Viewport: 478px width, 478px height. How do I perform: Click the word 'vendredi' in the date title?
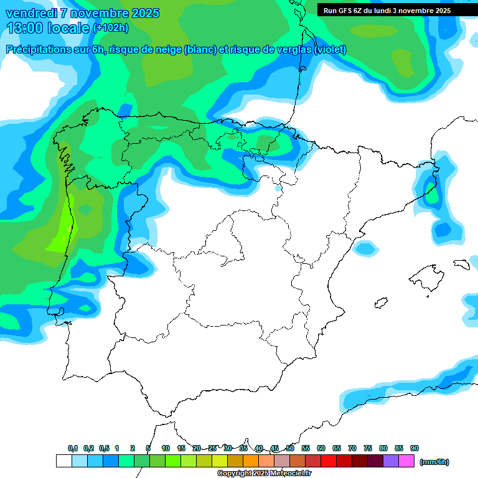pyautogui.click(x=32, y=13)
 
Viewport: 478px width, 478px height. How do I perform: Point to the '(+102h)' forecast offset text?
pyautogui.click(x=110, y=28)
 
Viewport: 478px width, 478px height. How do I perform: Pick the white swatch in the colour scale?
pyautogui.click(x=63, y=461)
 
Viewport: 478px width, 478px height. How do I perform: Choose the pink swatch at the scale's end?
pyautogui.click(x=406, y=461)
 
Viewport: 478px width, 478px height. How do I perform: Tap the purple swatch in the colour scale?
pyautogui.click(x=391, y=461)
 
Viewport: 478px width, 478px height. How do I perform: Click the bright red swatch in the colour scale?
pyautogui.click(x=329, y=461)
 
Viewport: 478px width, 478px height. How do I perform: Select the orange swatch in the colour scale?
pyautogui.click(x=250, y=461)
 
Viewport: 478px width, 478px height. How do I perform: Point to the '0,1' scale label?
pyautogui.click(x=73, y=448)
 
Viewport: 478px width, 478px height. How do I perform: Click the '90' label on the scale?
pyautogui.click(x=415, y=448)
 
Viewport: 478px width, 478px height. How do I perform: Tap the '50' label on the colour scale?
pyautogui.click(x=290, y=448)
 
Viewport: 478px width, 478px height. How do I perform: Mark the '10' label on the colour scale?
pyautogui.click(x=166, y=448)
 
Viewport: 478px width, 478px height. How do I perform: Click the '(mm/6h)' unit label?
pyautogui.click(x=434, y=462)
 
